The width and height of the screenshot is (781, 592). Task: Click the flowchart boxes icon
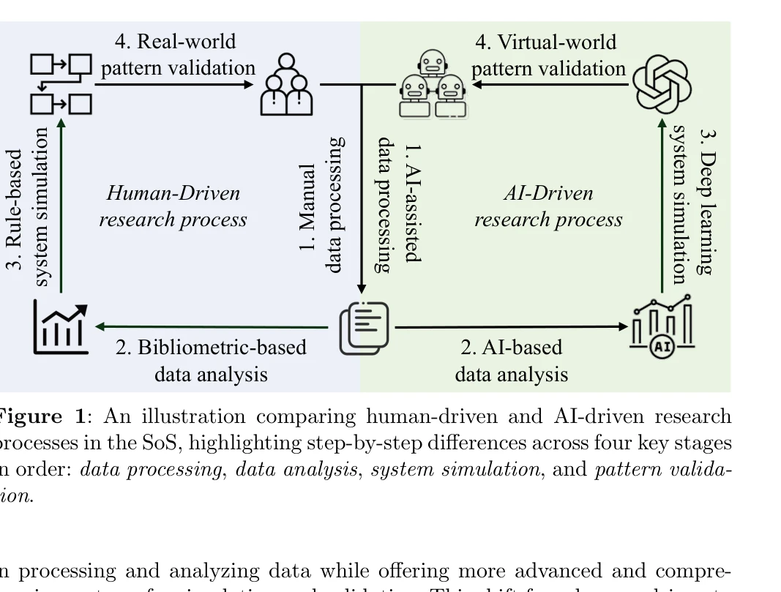pyautogui.click(x=61, y=84)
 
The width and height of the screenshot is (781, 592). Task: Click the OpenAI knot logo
pyautogui.click(x=662, y=84)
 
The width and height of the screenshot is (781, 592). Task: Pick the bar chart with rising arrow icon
pyautogui.click(x=61, y=328)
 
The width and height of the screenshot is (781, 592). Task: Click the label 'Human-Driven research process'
pyautogui.click(x=173, y=206)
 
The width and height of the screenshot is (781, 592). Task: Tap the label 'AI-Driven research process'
pyautogui.click(x=548, y=206)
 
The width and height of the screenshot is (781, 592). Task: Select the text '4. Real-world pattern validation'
pyautogui.click(x=178, y=55)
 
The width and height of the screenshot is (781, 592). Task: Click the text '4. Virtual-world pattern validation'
pyautogui.click(x=548, y=55)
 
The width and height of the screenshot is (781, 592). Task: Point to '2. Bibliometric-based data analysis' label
pyautogui.click(x=211, y=360)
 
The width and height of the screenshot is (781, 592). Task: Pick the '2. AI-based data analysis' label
pyautogui.click(x=511, y=360)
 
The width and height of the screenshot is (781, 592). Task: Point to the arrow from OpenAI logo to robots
pyautogui.click(x=549, y=85)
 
